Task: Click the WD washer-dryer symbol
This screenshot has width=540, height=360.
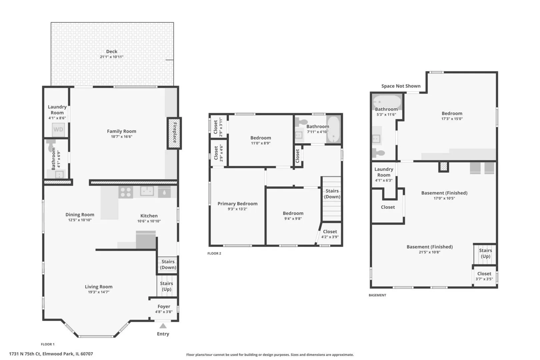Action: click(58, 129)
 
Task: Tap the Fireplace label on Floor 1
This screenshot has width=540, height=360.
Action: click(175, 133)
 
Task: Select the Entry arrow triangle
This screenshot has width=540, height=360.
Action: click(163, 326)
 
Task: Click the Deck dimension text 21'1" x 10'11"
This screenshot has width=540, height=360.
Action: click(112, 57)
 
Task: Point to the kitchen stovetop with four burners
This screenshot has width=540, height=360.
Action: click(126, 192)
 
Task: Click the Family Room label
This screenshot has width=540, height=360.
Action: click(121, 131)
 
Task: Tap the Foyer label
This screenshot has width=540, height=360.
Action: click(164, 306)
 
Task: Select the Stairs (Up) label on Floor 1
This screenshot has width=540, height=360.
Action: click(167, 286)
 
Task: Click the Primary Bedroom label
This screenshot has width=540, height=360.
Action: click(237, 204)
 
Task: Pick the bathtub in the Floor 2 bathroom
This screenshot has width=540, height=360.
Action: click(334, 129)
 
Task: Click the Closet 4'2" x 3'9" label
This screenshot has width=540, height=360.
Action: click(330, 234)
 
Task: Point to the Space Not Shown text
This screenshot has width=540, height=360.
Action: click(401, 86)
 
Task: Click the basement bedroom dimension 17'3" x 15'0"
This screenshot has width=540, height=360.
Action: click(452, 119)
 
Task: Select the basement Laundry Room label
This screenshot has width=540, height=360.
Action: click(384, 172)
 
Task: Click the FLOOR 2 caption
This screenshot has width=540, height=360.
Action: click(214, 253)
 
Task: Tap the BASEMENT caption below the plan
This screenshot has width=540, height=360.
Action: click(378, 295)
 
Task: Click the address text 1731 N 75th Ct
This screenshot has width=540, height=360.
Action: click(25, 354)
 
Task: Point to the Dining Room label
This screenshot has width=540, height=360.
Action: click(80, 215)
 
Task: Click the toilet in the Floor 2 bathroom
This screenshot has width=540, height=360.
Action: click(301, 122)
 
